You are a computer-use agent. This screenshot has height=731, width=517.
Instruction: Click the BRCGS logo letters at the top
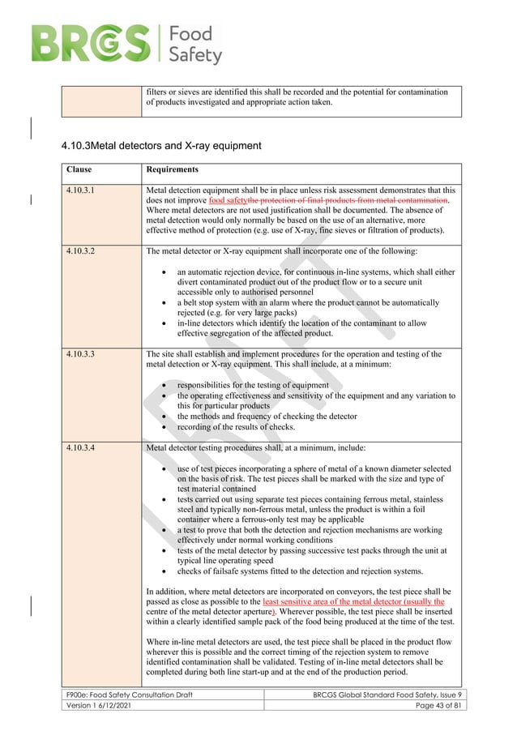pyautogui.click(x=90, y=41)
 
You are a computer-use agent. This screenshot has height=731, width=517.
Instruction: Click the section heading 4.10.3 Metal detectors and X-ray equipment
pyautogui.click(x=160, y=146)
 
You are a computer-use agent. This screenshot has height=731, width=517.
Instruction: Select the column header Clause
pyautogui.click(x=79, y=170)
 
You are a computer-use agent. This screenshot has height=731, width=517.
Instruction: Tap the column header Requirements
pyautogui.click(x=172, y=170)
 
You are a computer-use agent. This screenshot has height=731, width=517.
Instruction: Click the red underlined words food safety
pyautogui.click(x=227, y=200)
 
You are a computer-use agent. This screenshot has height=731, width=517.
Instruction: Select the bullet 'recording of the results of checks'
pyautogui.click(x=246, y=425)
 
